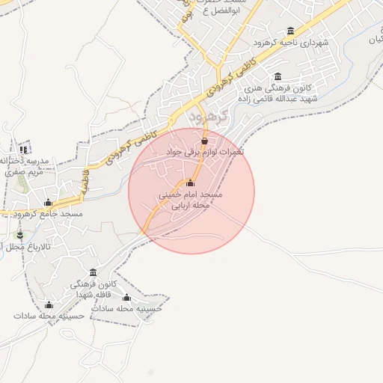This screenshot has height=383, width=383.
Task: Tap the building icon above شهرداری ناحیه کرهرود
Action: click(x=291, y=31)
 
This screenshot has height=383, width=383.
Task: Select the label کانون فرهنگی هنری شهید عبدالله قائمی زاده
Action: click(x=278, y=94)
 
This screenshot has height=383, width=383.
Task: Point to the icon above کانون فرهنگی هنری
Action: click(x=278, y=77)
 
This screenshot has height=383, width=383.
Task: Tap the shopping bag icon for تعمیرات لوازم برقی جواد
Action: click(x=204, y=140)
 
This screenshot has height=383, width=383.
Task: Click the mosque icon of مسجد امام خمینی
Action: click(x=190, y=183)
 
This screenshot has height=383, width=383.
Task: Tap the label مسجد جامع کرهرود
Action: click(x=48, y=215)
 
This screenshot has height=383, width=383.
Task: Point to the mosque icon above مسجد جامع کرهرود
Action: click(x=49, y=203)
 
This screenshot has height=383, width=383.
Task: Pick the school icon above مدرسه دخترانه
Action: click(x=23, y=149)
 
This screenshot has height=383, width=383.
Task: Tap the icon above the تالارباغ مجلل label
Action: click(x=20, y=235)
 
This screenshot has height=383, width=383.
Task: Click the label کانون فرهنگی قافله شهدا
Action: click(x=93, y=289)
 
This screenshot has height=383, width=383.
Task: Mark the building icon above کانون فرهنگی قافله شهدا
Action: click(x=93, y=272)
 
